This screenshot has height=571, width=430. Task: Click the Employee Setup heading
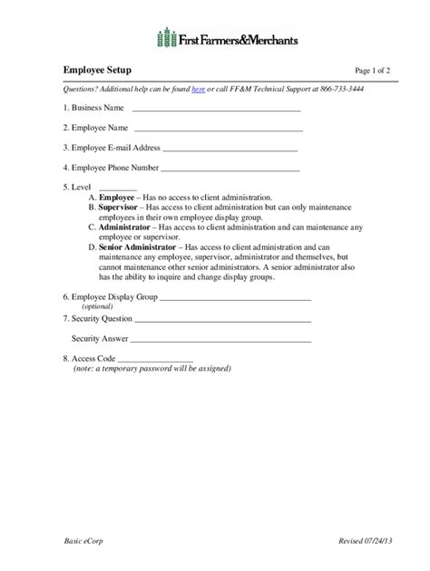tap(97, 69)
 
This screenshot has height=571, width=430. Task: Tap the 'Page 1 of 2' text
tap(374, 70)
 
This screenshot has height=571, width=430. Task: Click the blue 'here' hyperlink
tap(198, 89)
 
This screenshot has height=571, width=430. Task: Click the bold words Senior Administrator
tap(139, 247)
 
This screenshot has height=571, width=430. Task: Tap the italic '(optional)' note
tap(99, 307)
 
